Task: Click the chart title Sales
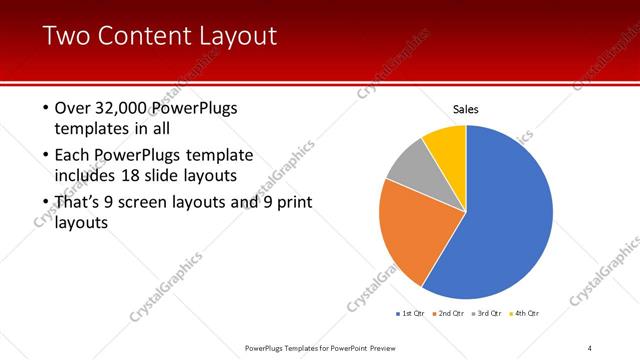tap(466, 108)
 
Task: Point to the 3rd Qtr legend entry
tap(487, 314)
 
